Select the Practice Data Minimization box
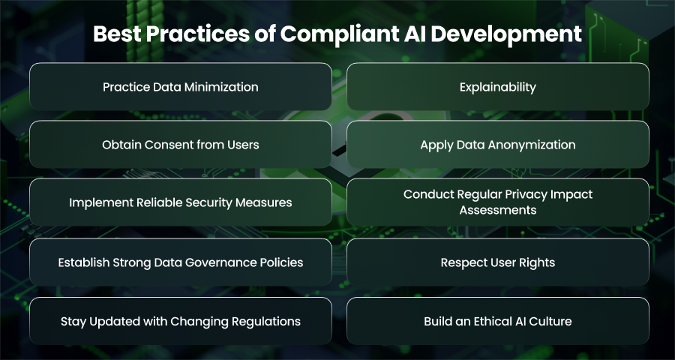click(x=180, y=86)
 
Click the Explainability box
click(x=498, y=86)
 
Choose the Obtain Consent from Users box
click(x=180, y=144)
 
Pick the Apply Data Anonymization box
click(x=498, y=144)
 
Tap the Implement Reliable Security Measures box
click(x=180, y=202)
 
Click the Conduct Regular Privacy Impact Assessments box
click(x=498, y=202)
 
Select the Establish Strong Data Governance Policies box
click(x=180, y=262)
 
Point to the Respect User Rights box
click(x=498, y=262)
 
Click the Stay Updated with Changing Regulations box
click(x=180, y=321)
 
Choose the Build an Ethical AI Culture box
click(x=498, y=321)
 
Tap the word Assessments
click(x=498, y=210)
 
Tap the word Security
click(x=211, y=202)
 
